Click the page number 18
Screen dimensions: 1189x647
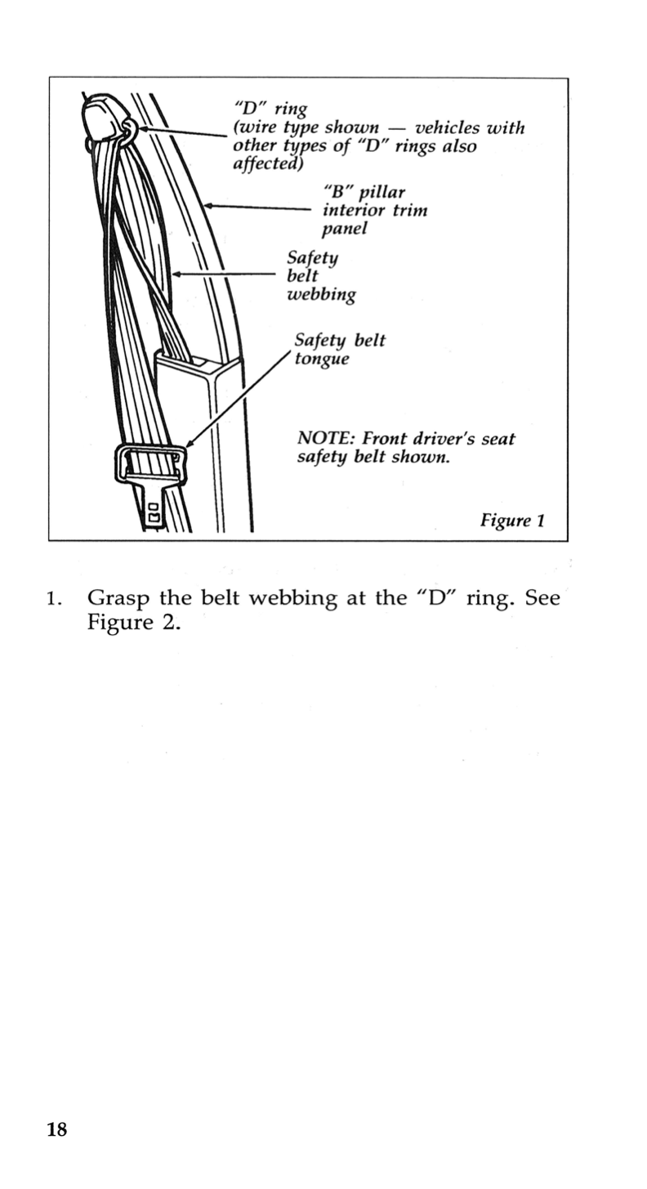coord(56,1130)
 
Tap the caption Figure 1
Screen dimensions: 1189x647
coord(512,521)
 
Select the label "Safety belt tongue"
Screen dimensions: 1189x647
coord(339,349)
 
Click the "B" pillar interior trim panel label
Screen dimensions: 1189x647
coord(374,211)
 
